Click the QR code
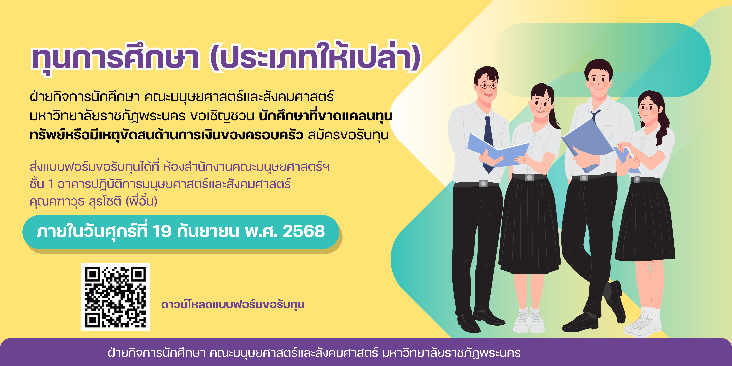click(115, 297)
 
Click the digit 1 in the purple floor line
click(51, 184)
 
